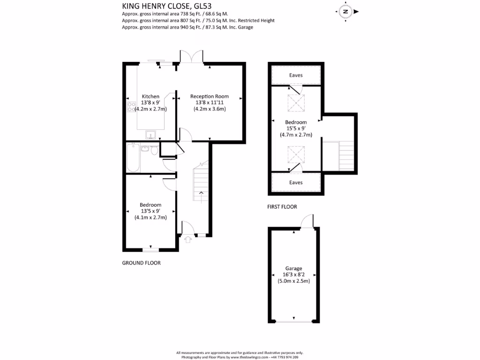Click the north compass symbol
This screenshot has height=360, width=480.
345,11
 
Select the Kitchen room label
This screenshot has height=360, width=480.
150,97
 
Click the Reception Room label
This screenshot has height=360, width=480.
210,97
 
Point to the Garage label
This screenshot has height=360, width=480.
294,269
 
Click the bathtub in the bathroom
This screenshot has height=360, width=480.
132,158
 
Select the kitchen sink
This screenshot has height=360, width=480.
150,135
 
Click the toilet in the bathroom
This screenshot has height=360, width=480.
154,150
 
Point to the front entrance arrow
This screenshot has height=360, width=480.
188,240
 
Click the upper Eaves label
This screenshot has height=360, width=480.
296,75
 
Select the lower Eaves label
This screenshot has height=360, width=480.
296,182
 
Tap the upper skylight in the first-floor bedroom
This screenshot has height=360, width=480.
296,103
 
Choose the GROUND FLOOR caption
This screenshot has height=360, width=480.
142,263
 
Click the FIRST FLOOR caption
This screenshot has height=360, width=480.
282,207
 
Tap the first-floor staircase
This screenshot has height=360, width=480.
346,157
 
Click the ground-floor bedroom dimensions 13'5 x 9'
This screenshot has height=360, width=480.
150,211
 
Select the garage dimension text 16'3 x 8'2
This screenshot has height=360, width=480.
294,275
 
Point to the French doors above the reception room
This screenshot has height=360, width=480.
191,56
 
